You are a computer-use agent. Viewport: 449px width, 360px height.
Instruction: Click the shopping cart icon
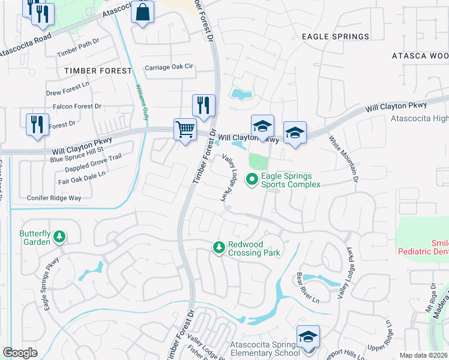pos(185,129)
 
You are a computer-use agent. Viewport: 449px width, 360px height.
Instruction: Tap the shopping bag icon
pos(143,13)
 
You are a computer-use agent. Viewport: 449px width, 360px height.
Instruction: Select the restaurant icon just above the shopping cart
pos(203,106)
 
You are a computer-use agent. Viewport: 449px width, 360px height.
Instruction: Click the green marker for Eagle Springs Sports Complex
pos(253,178)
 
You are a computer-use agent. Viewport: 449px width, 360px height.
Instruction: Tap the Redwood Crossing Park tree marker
pos(220,247)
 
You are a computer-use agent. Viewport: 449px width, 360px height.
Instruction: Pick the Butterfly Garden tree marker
pos(59,238)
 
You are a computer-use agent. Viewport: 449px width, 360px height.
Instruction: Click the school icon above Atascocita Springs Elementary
pos(307,337)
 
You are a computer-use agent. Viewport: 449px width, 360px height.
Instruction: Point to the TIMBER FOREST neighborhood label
pos(98,71)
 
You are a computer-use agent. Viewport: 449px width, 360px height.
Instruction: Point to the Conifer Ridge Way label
pos(54,197)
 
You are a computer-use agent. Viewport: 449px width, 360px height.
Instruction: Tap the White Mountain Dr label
pos(343,158)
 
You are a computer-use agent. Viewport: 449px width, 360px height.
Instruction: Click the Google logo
pos(20,353)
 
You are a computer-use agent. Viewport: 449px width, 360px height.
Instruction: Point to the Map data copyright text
pos(423,355)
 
